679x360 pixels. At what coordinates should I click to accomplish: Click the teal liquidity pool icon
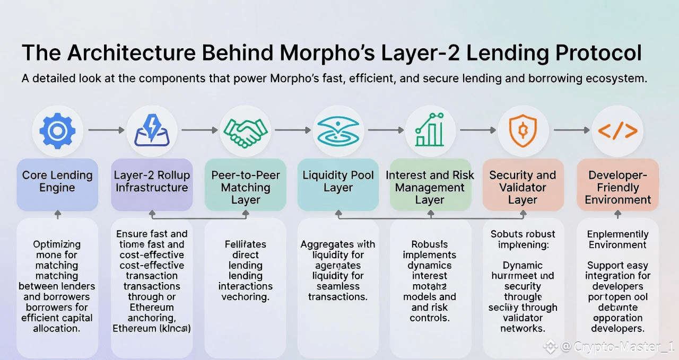[338, 130]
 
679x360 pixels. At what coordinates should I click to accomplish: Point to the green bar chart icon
[430, 130]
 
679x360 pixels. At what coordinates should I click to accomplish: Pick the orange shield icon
[523, 130]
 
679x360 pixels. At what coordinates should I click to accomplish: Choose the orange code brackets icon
[617, 130]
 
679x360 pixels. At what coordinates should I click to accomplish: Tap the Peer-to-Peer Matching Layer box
[246, 187]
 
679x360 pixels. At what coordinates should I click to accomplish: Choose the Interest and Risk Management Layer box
[430, 187]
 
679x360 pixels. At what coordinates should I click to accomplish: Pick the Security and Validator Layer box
[523, 187]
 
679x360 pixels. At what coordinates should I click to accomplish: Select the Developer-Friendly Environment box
[617, 187]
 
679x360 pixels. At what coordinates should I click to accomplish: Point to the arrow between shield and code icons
[570, 130]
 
